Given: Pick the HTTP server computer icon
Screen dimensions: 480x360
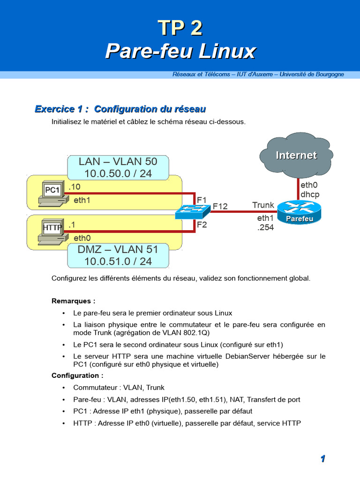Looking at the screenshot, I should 51,231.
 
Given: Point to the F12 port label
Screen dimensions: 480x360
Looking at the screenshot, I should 220,206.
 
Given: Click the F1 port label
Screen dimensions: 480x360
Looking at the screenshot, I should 202,200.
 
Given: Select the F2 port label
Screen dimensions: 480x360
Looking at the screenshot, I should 202,225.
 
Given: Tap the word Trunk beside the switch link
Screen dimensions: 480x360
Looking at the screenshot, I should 263,205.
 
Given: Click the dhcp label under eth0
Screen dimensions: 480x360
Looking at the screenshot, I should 310,194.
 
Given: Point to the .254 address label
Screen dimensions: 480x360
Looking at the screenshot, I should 265,228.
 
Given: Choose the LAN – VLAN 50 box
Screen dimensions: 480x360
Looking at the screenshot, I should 118,168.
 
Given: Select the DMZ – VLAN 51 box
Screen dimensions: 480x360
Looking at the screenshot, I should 118,255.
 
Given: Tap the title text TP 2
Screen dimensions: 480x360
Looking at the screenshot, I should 180,29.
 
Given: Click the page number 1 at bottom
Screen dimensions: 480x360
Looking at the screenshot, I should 323,459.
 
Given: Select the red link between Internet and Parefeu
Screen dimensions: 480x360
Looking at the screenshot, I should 298,189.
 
